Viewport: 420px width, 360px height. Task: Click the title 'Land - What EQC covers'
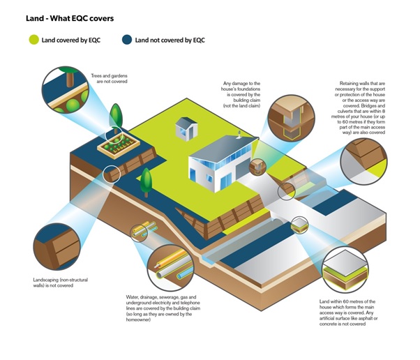[x=70, y=18]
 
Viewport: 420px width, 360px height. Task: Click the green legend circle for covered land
[x=34, y=40]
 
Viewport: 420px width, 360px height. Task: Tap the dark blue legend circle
[x=127, y=40]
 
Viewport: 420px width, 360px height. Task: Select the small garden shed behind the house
[x=186, y=129]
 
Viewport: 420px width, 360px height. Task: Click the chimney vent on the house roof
[x=239, y=135]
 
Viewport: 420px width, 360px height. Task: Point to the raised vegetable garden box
[x=119, y=147]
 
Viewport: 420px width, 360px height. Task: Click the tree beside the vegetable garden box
[x=116, y=118]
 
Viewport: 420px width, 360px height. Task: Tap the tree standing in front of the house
[x=146, y=182]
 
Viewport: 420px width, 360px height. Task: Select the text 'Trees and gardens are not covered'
[x=110, y=78]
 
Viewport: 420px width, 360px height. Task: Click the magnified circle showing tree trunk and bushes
[x=66, y=90]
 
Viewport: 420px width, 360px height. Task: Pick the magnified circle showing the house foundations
[x=291, y=118]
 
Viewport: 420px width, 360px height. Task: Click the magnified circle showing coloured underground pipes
[x=171, y=268]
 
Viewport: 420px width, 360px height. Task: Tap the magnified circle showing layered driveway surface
[x=345, y=270]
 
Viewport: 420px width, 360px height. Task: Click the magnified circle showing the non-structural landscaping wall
[x=57, y=247]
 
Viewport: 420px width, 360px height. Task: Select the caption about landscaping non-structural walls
[x=61, y=283]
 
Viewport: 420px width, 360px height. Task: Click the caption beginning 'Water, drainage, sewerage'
[x=163, y=308]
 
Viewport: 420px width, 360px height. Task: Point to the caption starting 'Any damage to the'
[x=241, y=95]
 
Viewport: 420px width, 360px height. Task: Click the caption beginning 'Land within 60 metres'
[x=348, y=313]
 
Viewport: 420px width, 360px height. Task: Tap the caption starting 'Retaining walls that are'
[x=359, y=108]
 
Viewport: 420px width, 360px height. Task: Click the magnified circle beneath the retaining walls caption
[x=363, y=162]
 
